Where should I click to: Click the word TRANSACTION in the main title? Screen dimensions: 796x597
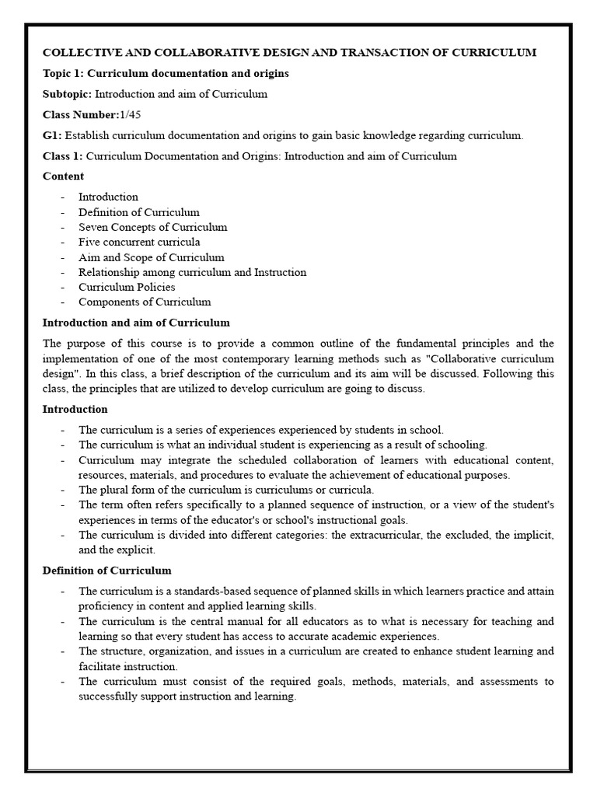(379, 53)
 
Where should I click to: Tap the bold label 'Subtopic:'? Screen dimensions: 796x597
(68, 94)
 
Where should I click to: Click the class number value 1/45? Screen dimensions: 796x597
(131, 115)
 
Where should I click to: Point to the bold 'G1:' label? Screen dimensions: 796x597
(52, 135)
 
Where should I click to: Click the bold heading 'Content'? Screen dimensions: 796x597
(63, 176)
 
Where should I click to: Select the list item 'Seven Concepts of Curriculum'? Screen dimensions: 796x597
(152, 227)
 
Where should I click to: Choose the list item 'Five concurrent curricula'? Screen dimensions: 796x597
(138, 242)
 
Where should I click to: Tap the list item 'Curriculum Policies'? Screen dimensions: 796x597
(127, 287)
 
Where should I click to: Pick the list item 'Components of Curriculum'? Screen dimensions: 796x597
(144, 302)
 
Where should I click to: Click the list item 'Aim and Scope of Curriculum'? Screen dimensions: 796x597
(151, 257)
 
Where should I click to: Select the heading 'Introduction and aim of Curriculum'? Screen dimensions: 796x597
(136, 323)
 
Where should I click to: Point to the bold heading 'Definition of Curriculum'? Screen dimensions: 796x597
(106, 571)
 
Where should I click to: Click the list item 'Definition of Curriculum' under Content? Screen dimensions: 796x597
(138, 212)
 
